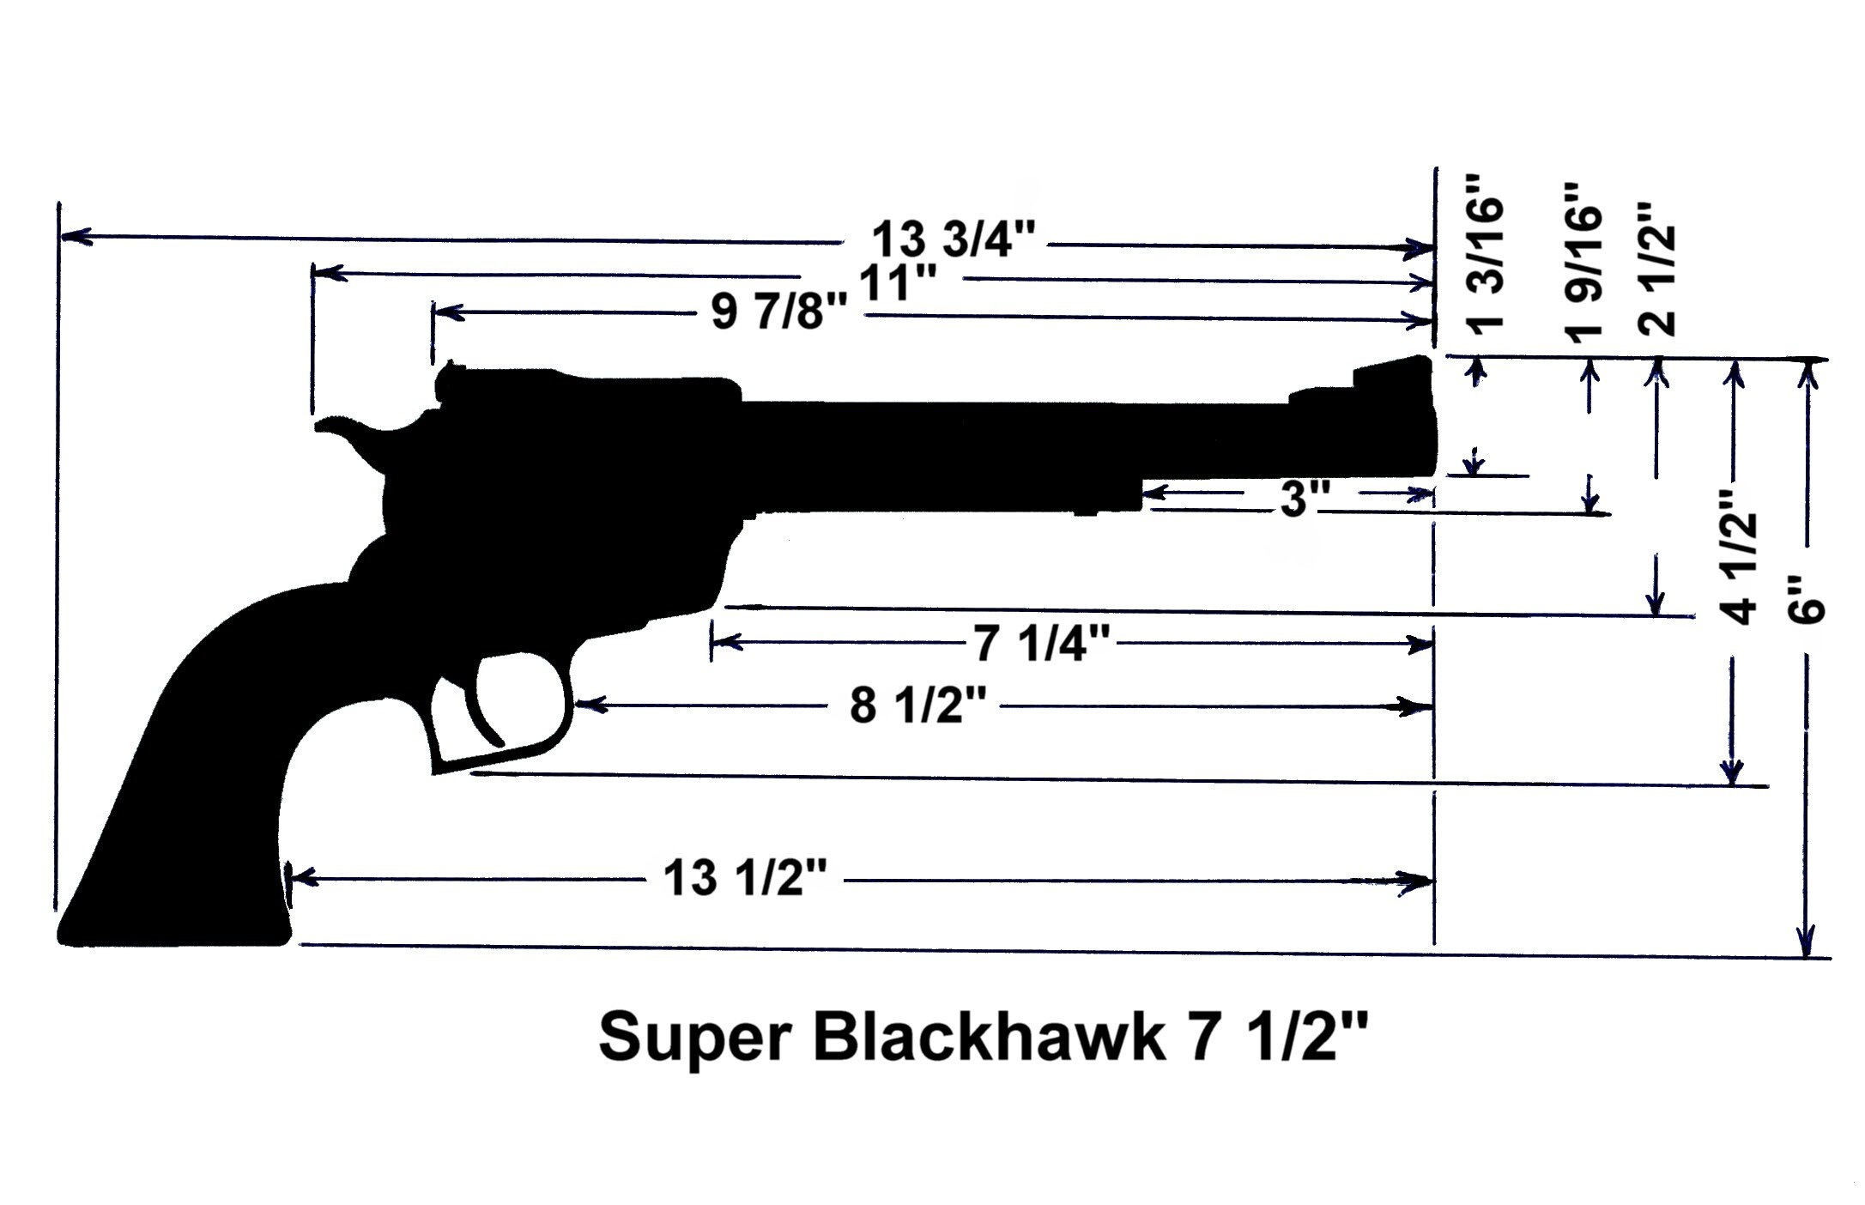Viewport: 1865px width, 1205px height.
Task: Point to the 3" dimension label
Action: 1305,500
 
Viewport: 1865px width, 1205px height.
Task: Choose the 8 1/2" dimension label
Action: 914,708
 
